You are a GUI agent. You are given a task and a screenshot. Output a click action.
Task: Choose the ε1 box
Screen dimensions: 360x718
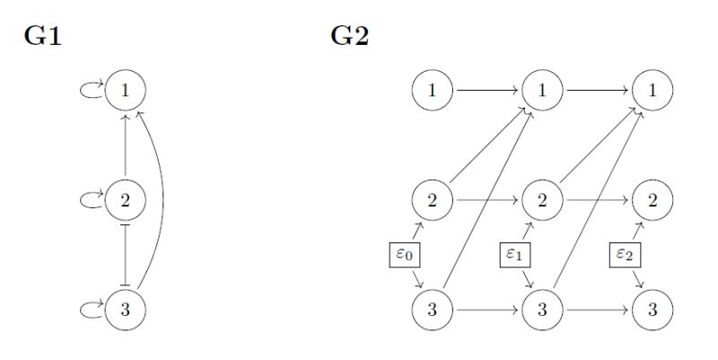518,255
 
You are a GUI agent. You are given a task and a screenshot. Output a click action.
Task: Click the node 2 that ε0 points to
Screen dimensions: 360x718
433,200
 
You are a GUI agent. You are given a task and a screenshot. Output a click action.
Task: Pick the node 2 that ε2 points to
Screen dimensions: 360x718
652,200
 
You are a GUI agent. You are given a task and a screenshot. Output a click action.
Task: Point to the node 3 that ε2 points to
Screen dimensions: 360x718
652,310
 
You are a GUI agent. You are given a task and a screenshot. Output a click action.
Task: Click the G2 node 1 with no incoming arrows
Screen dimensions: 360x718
433,91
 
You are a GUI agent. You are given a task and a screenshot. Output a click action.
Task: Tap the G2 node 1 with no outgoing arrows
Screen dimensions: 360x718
652,91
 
